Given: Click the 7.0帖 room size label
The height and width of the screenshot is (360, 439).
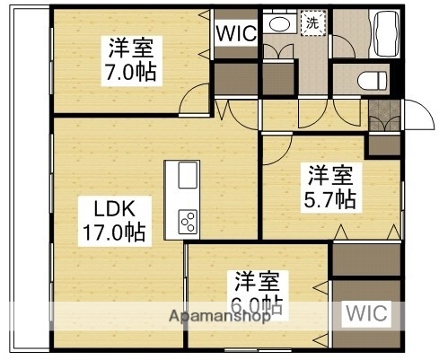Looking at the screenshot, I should pyautogui.click(x=130, y=72).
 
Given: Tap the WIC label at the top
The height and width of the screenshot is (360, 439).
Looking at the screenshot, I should pyautogui.click(x=236, y=33).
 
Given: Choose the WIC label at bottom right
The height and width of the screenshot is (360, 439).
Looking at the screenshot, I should pyautogui.click(x=365, y=313).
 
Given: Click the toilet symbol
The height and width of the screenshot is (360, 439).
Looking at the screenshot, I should pyautogui.click(x=369, y=82).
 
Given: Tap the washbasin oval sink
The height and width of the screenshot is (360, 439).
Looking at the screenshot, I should pyautogui.click(x=279, y=25).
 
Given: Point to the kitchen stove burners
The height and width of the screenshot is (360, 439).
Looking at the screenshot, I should pyautogui.click(x=189, y=220).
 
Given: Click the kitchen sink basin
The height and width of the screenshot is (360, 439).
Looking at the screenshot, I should pyautogui.click(x=187, y=175).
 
